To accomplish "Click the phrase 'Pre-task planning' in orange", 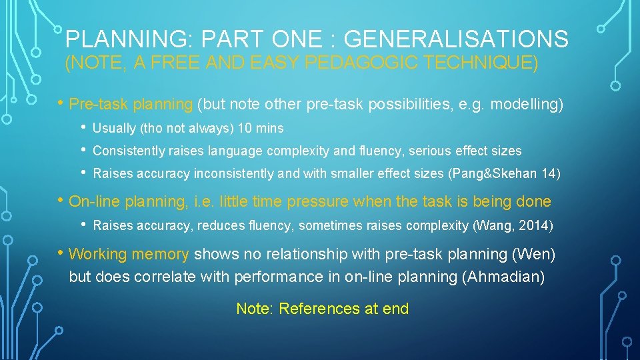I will tap(131, 105).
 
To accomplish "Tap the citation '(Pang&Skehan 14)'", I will tap(505, 174).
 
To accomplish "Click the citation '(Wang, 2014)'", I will tap(513, 225).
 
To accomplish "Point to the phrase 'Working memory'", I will tap(129, 254).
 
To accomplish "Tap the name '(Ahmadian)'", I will tap(503, 277).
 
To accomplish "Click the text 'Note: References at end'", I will tap(322, 309).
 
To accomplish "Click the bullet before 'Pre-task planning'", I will tap(62, 104).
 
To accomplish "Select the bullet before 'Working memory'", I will tap(62, 253).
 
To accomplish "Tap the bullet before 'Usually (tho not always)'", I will tap(83, 127).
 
